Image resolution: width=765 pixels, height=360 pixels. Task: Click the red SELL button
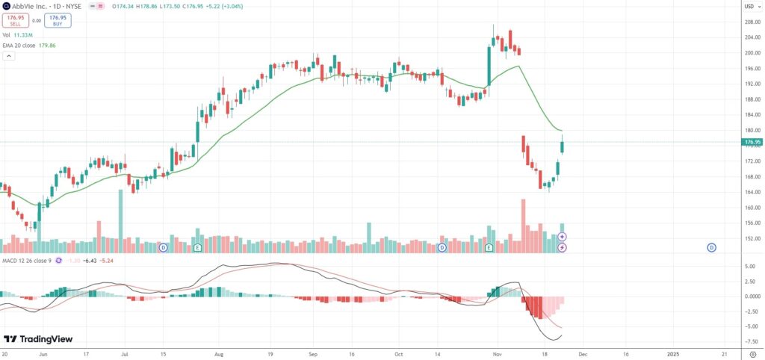15,21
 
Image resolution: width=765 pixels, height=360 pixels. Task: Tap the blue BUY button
58,21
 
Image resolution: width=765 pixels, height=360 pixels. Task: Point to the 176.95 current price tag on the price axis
752,141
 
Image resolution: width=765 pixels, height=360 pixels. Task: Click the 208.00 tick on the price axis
752,22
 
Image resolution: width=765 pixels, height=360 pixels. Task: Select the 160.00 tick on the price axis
752,208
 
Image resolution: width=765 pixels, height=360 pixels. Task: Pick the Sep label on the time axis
314,355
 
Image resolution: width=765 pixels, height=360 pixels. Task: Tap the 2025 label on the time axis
672,355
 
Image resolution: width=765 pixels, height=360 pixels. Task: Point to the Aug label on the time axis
219,355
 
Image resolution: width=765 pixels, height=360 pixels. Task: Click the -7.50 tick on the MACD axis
749,341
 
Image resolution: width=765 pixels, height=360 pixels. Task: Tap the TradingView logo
38,339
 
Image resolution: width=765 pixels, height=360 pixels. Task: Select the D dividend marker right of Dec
711,247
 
